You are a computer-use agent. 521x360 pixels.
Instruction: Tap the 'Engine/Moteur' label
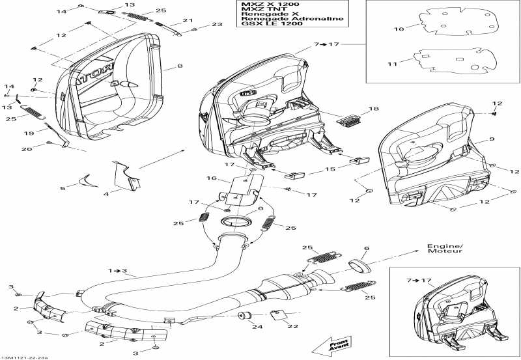point(445,249)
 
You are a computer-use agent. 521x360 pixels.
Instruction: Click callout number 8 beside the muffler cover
point(180,66)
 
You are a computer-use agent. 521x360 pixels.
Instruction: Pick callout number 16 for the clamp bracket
point(211,177)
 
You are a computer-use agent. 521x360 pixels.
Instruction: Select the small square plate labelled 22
point(279,316)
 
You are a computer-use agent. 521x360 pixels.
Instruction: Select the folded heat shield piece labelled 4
point(124,176)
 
